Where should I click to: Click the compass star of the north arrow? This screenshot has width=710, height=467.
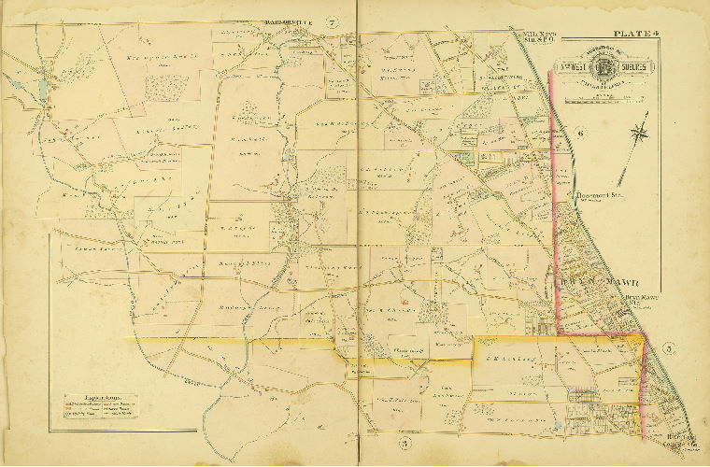(642, 133)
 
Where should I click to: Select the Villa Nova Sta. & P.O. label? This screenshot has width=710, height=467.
(530, 38)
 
